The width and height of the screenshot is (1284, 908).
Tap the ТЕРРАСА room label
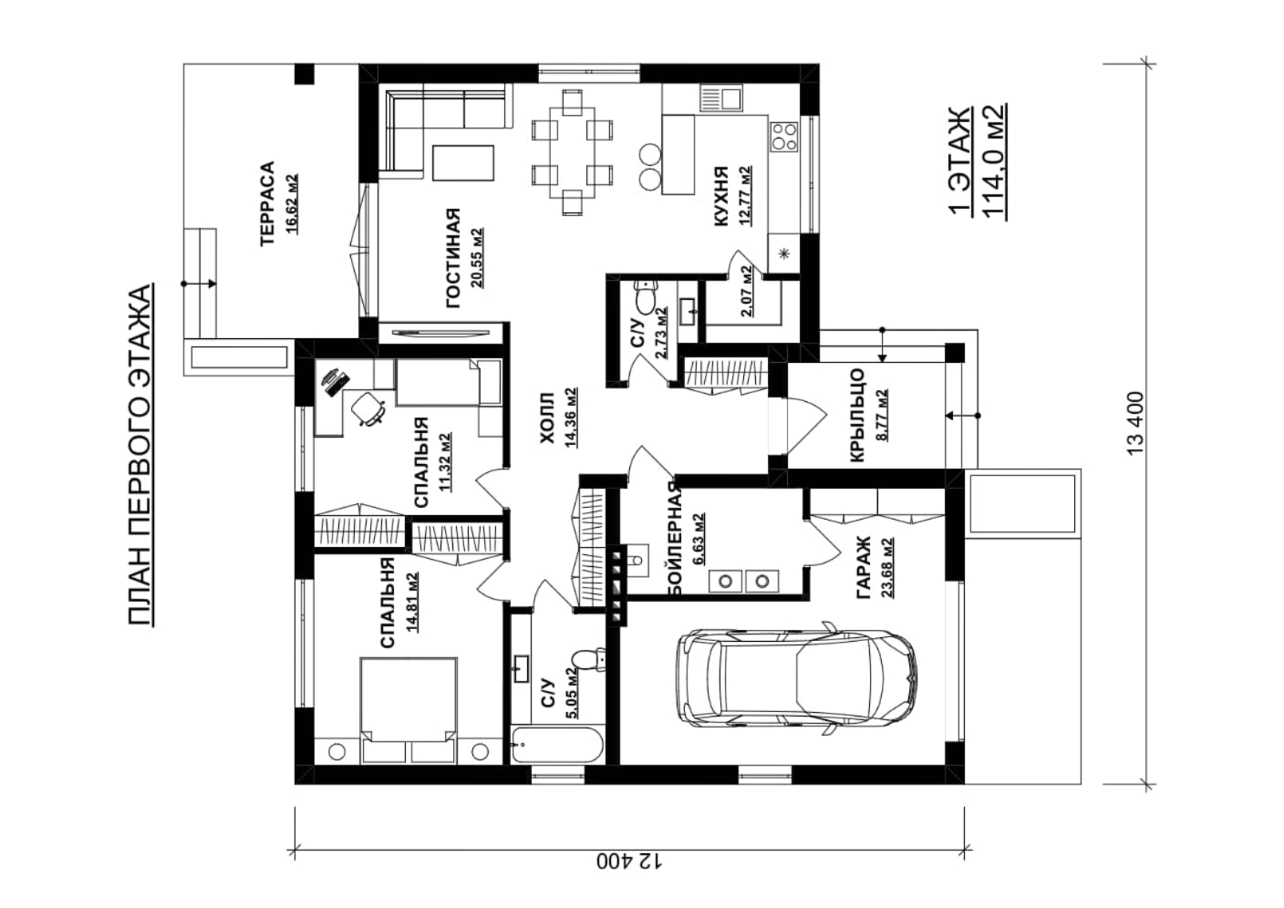click(268, 204)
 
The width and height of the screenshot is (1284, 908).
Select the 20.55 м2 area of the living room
click(476, 258)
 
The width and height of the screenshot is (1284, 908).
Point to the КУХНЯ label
click(720, 197)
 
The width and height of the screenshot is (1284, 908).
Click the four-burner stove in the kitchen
click(783, 138)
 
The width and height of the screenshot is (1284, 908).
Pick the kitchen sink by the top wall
click(720, 98)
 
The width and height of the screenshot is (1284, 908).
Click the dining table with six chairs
click(572, 152)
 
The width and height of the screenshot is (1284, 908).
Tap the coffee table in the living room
click(463, 162)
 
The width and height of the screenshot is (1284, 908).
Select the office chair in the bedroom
click(368, 408)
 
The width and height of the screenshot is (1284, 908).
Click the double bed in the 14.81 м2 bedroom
click(409, 710)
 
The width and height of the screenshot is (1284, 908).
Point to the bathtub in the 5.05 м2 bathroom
click(556, 745)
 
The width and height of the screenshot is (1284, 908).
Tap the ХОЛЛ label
click(547, 418)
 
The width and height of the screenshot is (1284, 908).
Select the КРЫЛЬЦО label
click(856, 415)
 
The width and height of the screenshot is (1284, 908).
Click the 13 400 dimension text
click(1135, 423)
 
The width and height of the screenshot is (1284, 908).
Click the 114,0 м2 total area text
click(995, 161)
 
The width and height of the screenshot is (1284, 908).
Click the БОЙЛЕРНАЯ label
click(675, 540)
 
